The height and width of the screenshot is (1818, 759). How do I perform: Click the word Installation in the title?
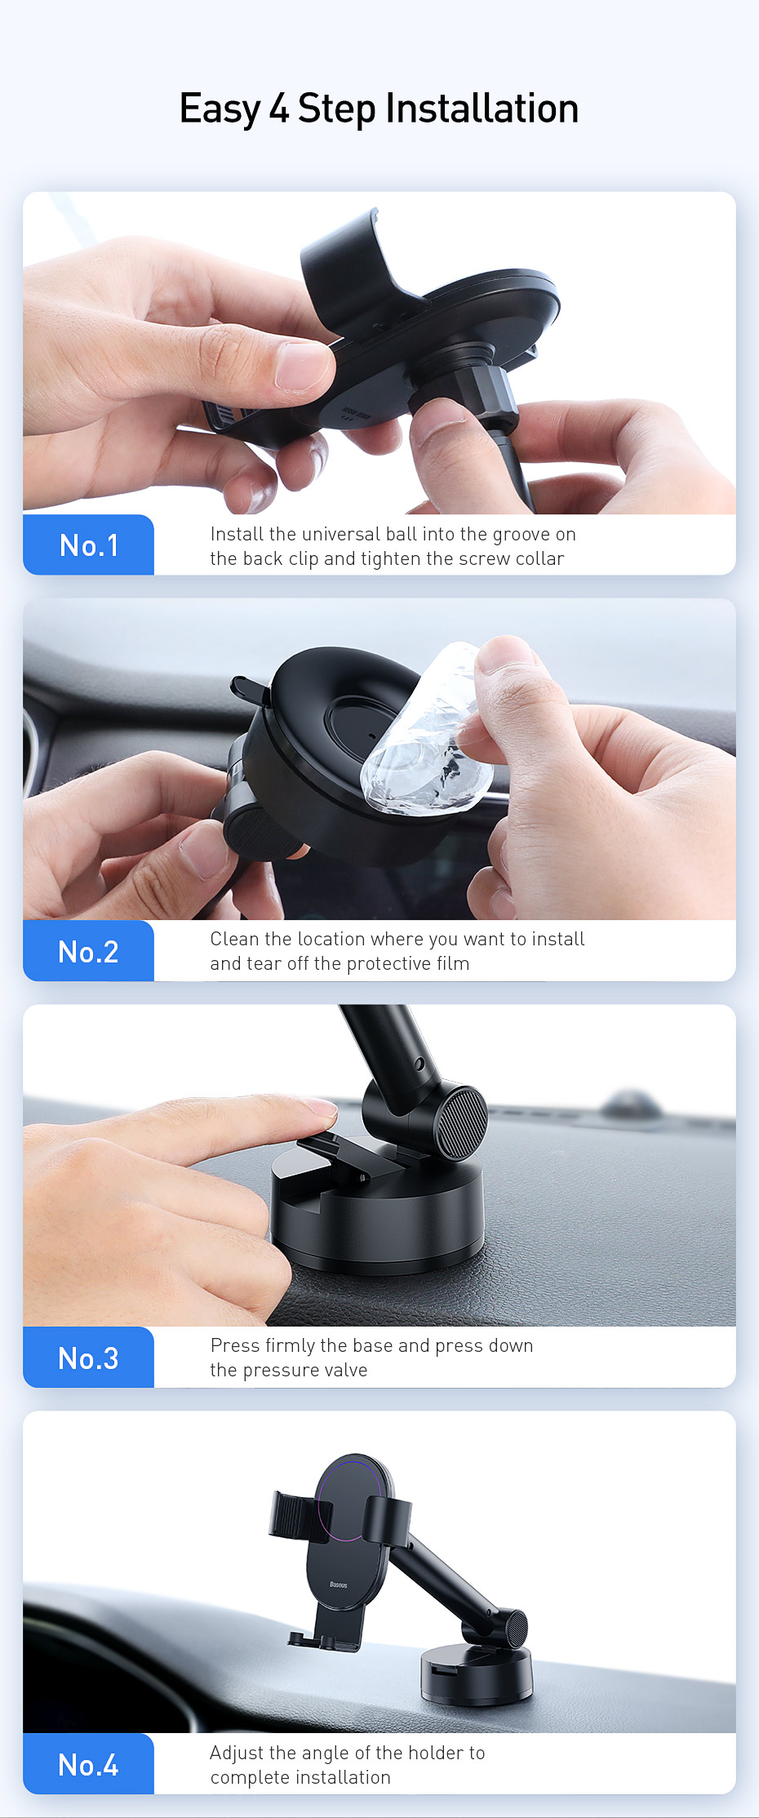(482, 109)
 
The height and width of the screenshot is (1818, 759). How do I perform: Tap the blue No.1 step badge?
(88, 545)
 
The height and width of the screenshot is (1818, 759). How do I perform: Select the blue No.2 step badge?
(88, 951)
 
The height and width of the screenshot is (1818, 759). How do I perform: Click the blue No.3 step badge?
(88, 1358)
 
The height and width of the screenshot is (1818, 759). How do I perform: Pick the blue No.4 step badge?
(88, 1764)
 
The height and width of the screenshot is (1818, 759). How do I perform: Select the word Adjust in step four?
(237, 1754)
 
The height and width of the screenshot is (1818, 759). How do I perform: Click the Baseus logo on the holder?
(339, 1585)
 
